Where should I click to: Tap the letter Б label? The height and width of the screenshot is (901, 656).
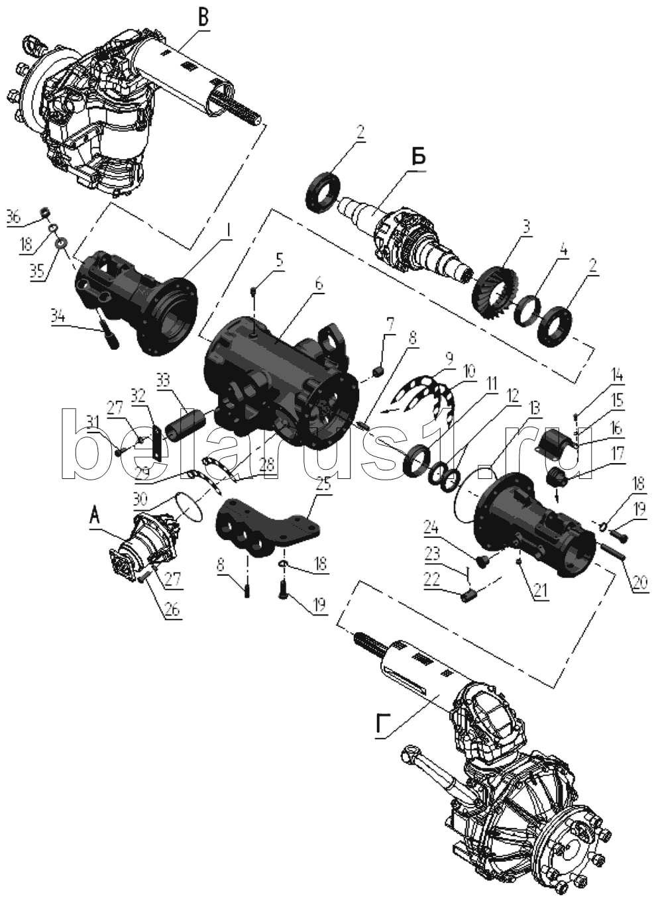tap(419, 158)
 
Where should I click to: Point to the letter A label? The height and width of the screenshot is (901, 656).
tap(95, 517)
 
